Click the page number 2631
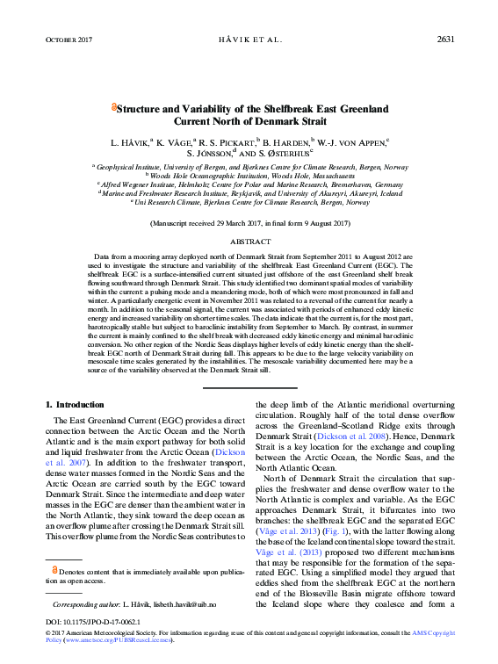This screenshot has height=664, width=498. pyautogui.click(x=444, y=40)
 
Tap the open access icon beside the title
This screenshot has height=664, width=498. pyautogui.click(x=114, y=108)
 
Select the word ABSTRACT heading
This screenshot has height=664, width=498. pyautogui.click(x=249, y=240)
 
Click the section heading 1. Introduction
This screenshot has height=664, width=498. pyautogui.click(x=74, y=404)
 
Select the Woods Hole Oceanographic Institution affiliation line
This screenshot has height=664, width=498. pyautogui.click(x=249, y=176)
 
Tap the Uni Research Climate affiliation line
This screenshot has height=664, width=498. pyautogui.click(x=249, y=202)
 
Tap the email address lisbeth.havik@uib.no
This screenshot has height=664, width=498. pyautogui.click(x=183, y=605)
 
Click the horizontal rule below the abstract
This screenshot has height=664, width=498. pyautogui.click(x=249, y=387)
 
